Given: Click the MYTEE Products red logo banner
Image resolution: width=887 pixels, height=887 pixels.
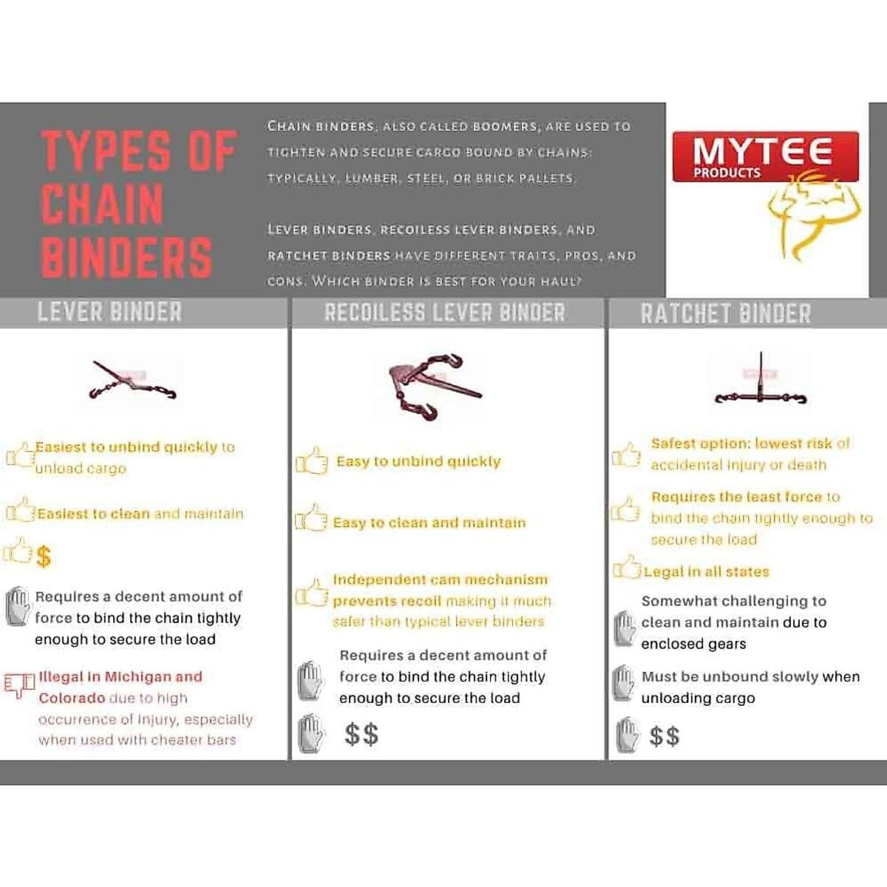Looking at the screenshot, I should point(765,157).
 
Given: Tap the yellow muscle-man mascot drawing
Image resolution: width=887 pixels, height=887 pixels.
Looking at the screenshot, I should point(813,214).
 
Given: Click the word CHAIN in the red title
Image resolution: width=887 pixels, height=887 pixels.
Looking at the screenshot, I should point(102,204).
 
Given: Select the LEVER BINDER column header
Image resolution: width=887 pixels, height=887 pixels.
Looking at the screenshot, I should point(109,312).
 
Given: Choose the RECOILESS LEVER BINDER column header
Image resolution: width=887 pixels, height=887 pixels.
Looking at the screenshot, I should point(445,313).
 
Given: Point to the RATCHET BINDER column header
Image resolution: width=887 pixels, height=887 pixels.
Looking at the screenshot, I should point(726,313).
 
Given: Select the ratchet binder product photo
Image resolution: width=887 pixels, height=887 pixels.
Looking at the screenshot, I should point(760,383).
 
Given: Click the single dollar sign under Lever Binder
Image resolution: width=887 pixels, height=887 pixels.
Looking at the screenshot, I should point(44,556).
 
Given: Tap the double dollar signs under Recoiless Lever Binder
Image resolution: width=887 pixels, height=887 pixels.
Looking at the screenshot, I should point(361,734).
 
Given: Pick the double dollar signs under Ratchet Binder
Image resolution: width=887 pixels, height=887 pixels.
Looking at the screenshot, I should point(664,735).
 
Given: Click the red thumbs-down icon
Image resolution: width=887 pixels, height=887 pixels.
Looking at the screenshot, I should point(19,684).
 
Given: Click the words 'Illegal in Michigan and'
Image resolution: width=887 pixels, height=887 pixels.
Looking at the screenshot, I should point(120,676).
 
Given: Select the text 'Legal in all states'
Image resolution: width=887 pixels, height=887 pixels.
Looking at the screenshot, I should point(706,571).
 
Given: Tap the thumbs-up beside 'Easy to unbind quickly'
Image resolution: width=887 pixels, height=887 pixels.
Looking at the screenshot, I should point(312,461).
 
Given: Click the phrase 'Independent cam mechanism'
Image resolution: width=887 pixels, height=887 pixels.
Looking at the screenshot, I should point(441,580).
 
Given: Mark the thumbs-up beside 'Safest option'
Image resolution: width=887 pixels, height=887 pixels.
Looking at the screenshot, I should point(627,455).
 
